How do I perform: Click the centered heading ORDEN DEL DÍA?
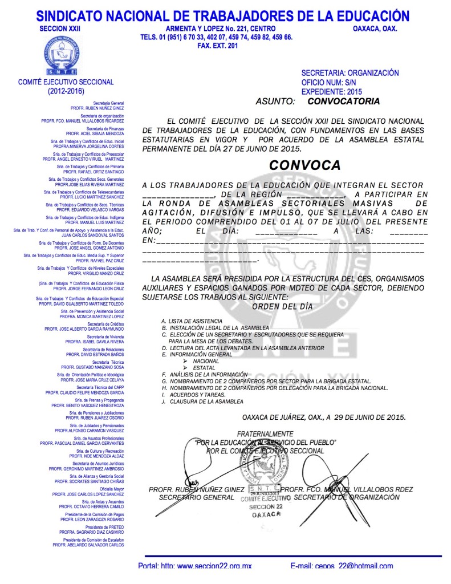pos(282,306)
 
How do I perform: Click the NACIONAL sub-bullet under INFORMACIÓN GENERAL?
pos(205,361)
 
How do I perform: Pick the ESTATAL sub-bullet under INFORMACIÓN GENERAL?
pos(204,368)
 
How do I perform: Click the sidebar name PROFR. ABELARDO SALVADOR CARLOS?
pos(88,545)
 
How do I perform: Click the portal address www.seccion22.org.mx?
pos(214,566)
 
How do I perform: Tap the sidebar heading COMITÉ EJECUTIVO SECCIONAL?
pos(66,82)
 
